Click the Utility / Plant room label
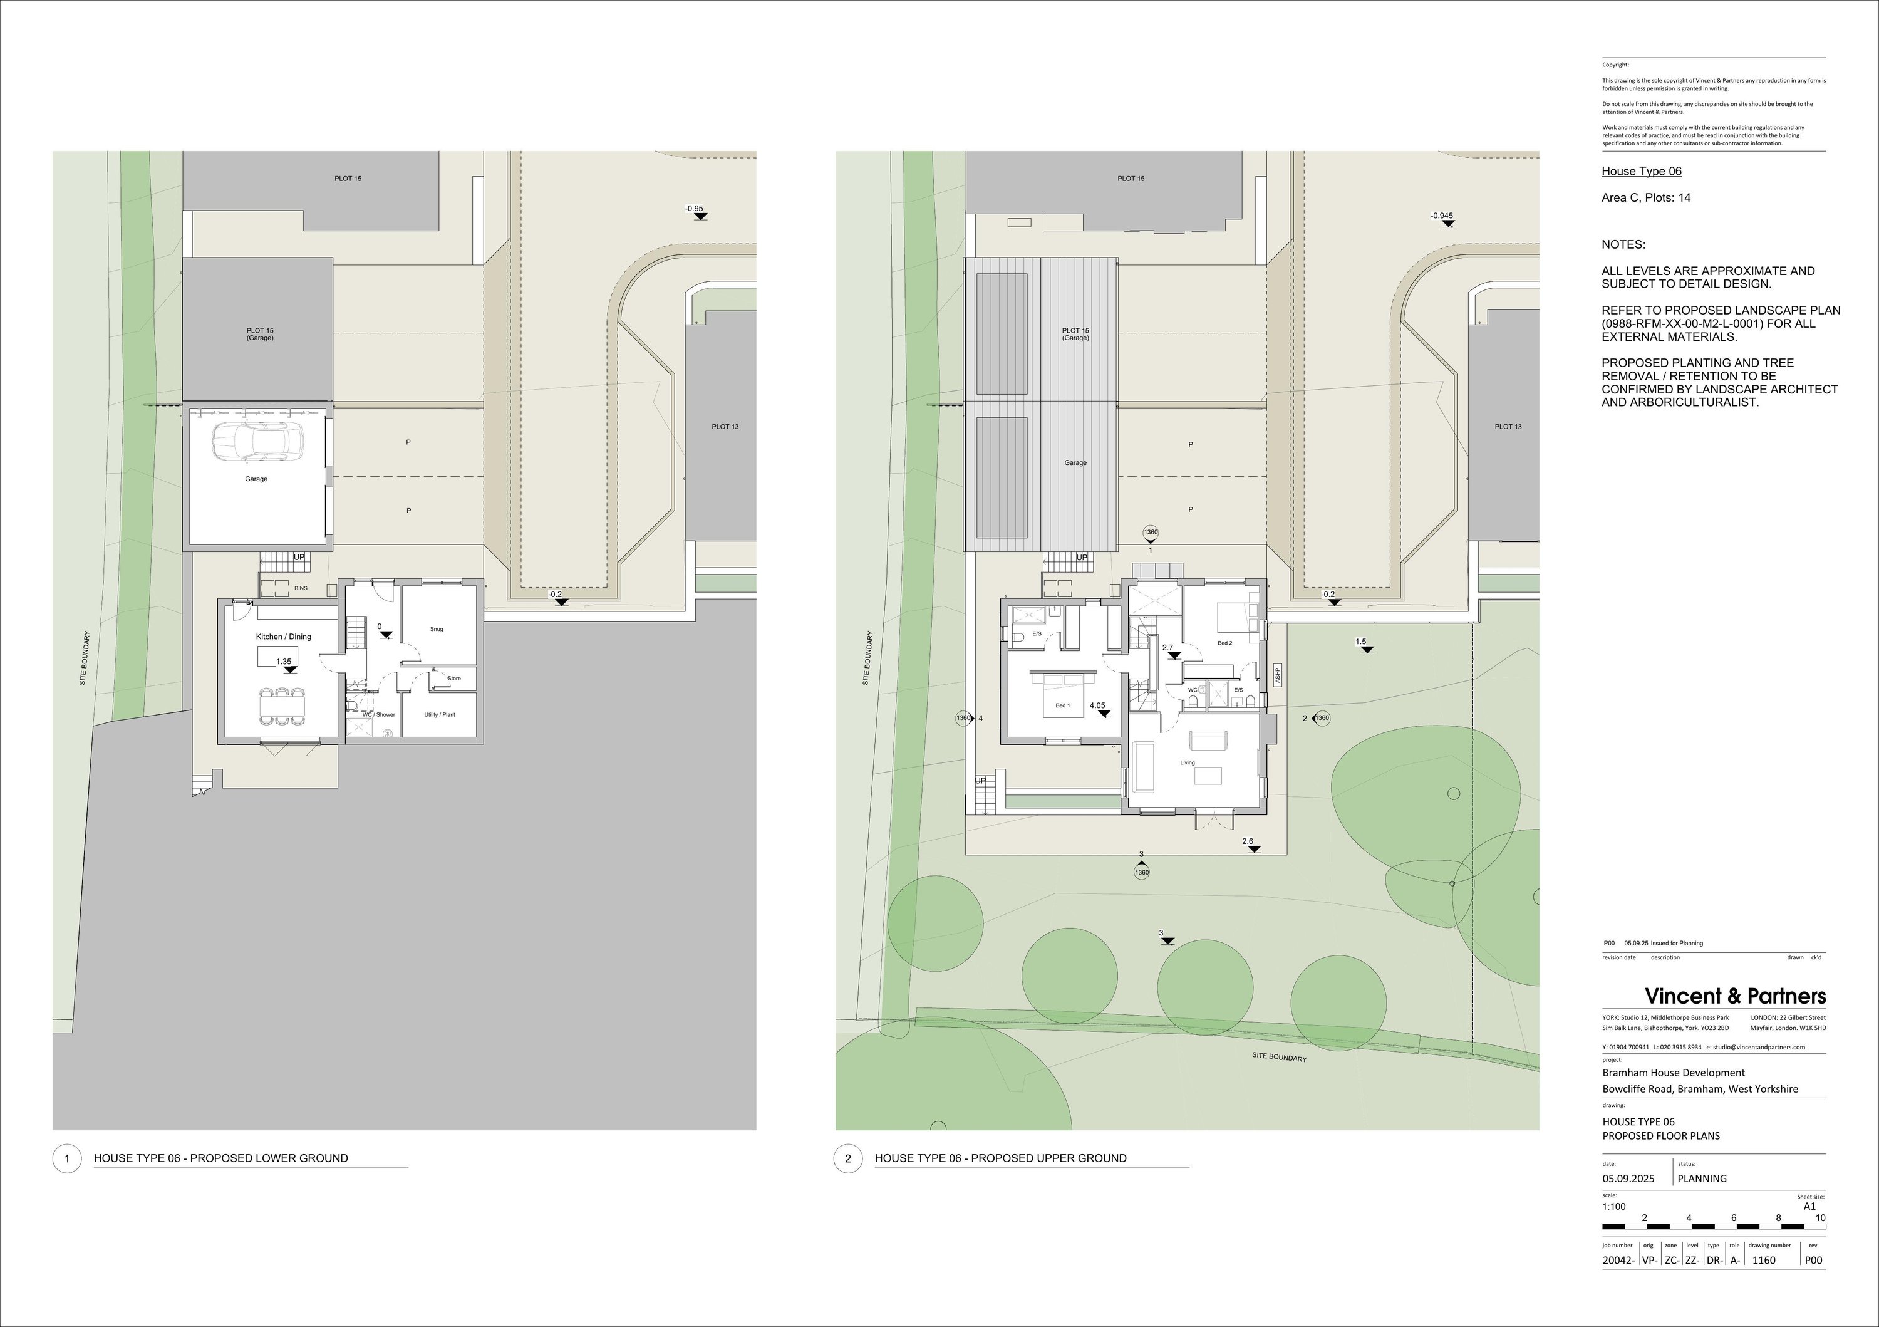pyautogui.click(x=440, y=715)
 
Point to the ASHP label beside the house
pyautogui.click(x=1276, y=675)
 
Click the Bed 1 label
pyautogui.click(x=1062, y=705)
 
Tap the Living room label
pyautogui.click(x=1188, y=763)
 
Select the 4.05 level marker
pyautogui.click(x=1097, y=705)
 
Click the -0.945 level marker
pyautogui.click(x=1442, y=216)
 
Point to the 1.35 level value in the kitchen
pyautogui.click(x=284, y=662)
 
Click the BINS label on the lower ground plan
pyautogui.click(x=301, y=588)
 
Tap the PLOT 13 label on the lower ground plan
pyautogui.click(x=725, y=427)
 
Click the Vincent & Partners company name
pyautogui.click(x=1735, y=996)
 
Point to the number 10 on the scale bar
pyautogui.click(x=1821, y=1218)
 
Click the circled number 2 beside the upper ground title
pyautogui.click(x=848, y=1158)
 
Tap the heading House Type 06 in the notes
pyautogui.click(x=1641, y=171)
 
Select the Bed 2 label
pyautogui.click(x=1224, y=643)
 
